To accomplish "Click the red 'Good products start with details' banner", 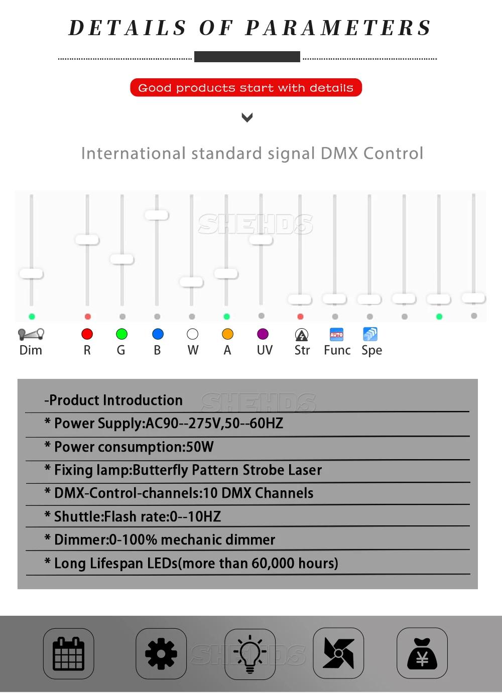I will [246, 88].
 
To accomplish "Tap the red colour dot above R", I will [87, 334].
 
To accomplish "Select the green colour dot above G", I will [121, 334].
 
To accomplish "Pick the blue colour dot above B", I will [158, 334].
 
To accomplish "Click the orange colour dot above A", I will [227, 334].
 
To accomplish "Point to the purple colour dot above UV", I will [263, 334].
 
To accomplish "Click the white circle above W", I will [192, 334].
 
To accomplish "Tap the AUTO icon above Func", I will [336, 334].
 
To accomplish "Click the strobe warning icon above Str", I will [302, 335].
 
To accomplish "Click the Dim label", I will [31, 350].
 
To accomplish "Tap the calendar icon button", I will [69, 653].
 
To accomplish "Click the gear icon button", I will [161, 653].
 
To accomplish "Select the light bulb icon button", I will [250, 654].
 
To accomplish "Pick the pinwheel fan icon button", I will [338, 653].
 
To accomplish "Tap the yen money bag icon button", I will [422, 653].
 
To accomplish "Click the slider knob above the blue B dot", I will [157, 215].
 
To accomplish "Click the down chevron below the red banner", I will [247, 118].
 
